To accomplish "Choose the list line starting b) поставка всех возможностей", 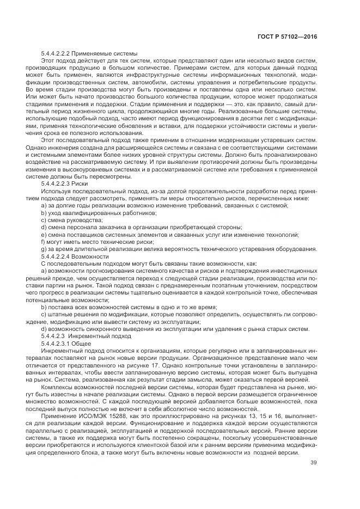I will click(129, 306).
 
